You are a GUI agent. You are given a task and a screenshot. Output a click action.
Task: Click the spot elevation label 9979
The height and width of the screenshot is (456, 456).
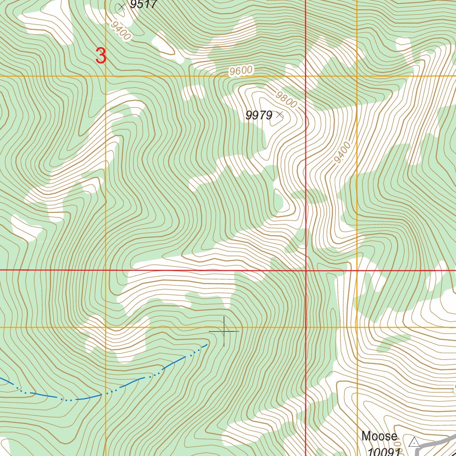click(259, 115)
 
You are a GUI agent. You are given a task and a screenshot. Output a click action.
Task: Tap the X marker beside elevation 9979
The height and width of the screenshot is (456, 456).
click(280, 115)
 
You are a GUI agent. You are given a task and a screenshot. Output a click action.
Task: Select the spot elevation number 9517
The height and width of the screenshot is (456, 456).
click(143, 4)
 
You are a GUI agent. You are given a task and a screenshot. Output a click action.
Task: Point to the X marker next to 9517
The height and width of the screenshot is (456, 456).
click(122, 7)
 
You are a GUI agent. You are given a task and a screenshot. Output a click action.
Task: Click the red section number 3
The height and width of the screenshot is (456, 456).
click(101, 56)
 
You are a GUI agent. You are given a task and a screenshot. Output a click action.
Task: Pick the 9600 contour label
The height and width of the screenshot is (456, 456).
click(241, 71)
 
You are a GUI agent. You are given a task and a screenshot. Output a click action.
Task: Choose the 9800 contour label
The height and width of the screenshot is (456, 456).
click(286, 99)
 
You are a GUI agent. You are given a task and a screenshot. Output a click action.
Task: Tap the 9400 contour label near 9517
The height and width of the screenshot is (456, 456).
click(121, 31)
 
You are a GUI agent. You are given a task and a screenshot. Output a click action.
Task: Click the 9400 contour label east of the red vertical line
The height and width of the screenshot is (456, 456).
click(342, 152)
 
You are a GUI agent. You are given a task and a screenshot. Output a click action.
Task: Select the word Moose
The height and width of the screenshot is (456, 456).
click(379, 436)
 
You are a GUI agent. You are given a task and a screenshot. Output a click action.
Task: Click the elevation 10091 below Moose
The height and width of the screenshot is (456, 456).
click(383, 452)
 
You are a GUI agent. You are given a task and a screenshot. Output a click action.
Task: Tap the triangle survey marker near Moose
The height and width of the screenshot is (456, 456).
click(414, 442)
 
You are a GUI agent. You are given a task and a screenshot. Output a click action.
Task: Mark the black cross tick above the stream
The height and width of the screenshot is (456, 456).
click(224, 331)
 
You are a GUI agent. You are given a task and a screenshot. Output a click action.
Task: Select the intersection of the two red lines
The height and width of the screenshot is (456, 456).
click(306, 270)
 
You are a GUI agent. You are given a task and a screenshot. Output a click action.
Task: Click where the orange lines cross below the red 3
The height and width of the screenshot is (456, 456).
click(106, 76)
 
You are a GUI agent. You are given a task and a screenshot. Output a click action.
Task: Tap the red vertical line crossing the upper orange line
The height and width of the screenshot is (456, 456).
click(306, 76)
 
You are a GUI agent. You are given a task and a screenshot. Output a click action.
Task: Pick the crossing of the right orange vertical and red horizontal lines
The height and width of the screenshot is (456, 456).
click(357, 270)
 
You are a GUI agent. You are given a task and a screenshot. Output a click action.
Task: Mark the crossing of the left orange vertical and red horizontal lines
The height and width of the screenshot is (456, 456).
click(106, 270)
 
